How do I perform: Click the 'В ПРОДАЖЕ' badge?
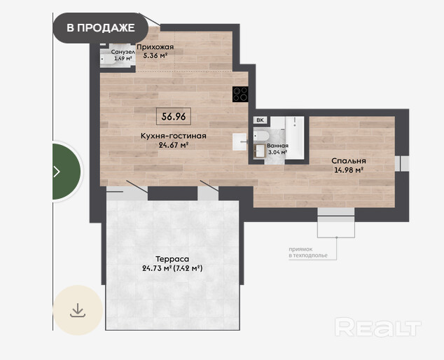coord(101,28)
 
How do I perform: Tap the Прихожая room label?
coord(155,47)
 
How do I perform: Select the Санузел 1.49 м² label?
coord(123,55)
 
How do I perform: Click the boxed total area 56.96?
coord(174,116)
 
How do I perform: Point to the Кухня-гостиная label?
coord(173,136)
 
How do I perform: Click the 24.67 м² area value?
coord(174,145)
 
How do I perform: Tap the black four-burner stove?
coord(240,95)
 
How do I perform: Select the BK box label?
coord(260,120)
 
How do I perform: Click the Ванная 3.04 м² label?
coord(277,148)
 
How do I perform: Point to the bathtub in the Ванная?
coord(295,138)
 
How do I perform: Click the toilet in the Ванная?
coord(261,135)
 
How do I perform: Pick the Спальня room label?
coord(349,161)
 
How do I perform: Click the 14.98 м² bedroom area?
coord(349,170)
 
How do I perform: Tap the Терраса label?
coord(172,259)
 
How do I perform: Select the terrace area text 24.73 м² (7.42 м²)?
coord(172,268)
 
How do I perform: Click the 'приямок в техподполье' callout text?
coord(308,252)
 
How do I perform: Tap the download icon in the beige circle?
coord(78,310)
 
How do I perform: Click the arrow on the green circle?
coord(57,172)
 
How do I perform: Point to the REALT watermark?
coord(378,327)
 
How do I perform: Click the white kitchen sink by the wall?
coord(240,141)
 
